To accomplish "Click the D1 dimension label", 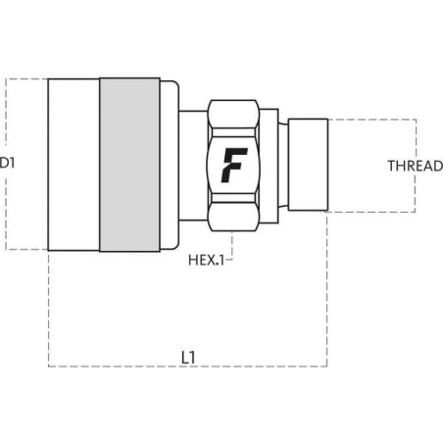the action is (7, 163).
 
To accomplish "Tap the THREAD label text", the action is (416, 166).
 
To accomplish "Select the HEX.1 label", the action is (207, 260).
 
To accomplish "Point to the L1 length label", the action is (188, 358).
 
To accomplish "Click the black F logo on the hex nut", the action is (234, 165).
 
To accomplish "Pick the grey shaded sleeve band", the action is (129, 165).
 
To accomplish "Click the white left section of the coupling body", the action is (74, 165).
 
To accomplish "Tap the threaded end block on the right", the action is (308, 165).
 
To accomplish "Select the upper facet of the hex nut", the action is (233, 114).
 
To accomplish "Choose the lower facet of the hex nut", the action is (233, 217).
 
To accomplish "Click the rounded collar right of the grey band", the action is (170, 165).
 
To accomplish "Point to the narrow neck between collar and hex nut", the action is (193, 166).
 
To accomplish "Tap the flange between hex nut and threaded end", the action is (269, 166).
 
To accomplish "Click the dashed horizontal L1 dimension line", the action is (188, 367).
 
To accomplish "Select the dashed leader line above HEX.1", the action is (232, 243).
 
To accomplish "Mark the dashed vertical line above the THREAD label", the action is (416, 139).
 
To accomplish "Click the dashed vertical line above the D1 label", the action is (6, 112).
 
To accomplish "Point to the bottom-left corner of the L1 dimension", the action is (49, 367).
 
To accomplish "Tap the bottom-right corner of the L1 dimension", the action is (327, 367).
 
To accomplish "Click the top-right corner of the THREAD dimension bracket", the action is (416, 120).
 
